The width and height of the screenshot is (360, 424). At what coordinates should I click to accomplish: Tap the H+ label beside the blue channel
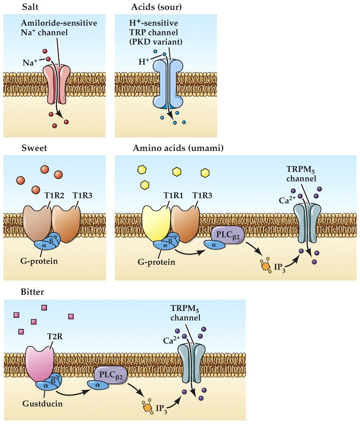click(x=144, y=61)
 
